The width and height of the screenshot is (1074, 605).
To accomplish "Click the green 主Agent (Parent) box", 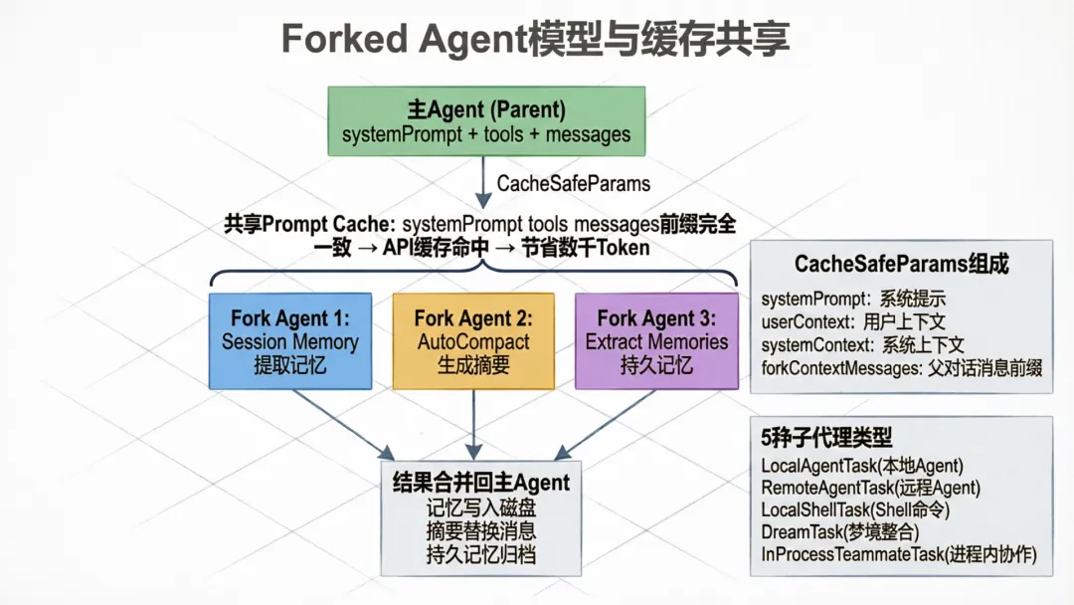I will [486, 120].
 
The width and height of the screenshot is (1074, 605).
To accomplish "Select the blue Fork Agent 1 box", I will [290, 340].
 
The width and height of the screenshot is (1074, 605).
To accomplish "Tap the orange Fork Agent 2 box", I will [473, 340].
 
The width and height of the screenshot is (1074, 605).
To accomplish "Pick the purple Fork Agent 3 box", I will [656, 340].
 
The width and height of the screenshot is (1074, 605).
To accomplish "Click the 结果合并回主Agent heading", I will [481, 483].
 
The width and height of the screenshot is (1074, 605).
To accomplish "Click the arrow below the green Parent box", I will [480, 181].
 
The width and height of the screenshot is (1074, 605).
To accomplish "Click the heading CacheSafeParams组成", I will [901, 264].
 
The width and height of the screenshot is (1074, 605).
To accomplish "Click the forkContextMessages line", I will [901, 368].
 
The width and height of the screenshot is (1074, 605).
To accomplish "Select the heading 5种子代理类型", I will [826, 437].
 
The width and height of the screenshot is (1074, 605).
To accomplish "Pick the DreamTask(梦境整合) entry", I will [833, 532].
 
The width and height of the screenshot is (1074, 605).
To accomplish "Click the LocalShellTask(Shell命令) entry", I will [855, 509].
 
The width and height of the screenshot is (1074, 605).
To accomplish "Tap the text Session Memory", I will [290, 341].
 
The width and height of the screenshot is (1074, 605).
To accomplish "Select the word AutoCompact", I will [473, 341].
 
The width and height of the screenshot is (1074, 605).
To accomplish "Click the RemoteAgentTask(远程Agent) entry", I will [870, 487].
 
